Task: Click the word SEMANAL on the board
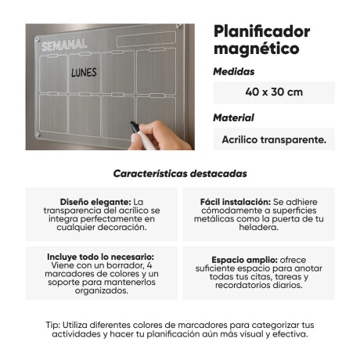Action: coord(65,45)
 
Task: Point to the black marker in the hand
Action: coord(136,127)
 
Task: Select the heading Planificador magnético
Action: coord(261,40)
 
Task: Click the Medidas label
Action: coord(233,71)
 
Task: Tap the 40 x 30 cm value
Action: coord(274,92)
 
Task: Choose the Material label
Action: coord(233,118)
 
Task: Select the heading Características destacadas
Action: coord(180,173)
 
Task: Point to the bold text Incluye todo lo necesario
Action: coord(89,256)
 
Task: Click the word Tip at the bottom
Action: coord(52,323)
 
